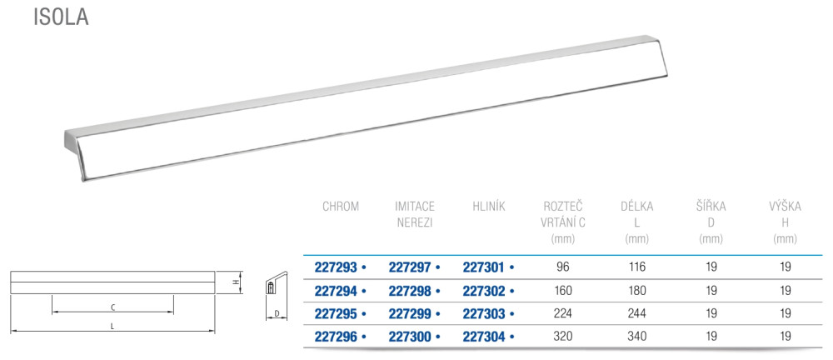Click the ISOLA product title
(61, 17)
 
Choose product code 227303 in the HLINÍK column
(483, 313)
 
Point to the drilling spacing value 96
(563, 267)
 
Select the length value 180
(637, 290)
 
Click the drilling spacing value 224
(563, 313)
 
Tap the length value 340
(637, 336)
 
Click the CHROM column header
(341, 207)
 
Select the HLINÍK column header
(488, 207)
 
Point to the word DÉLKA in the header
(637, 207)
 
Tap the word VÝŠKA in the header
(786, 207)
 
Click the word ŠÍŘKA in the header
(711, 207)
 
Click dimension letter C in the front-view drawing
(112, 307)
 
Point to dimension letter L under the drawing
(112, 327)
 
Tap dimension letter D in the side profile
(277, 314)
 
